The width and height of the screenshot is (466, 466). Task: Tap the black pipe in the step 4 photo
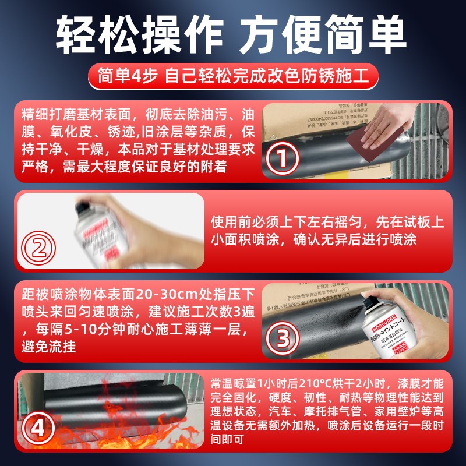pyautogui.click(x=134, y=408)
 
